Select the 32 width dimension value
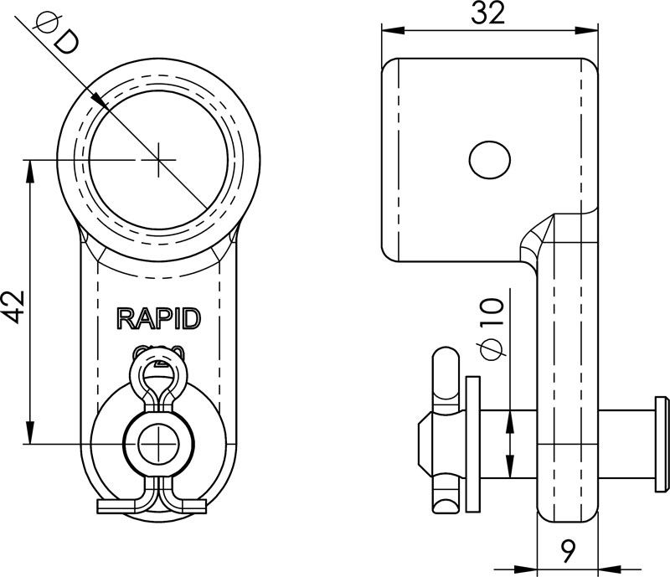point(487,14)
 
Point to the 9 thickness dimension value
point(567,551)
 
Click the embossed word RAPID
point(158,318)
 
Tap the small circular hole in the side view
point(489,159)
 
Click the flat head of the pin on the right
point(661,443)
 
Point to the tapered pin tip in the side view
point(422,443)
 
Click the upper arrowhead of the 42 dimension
point(30,167)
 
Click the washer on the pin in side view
point(472,443)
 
